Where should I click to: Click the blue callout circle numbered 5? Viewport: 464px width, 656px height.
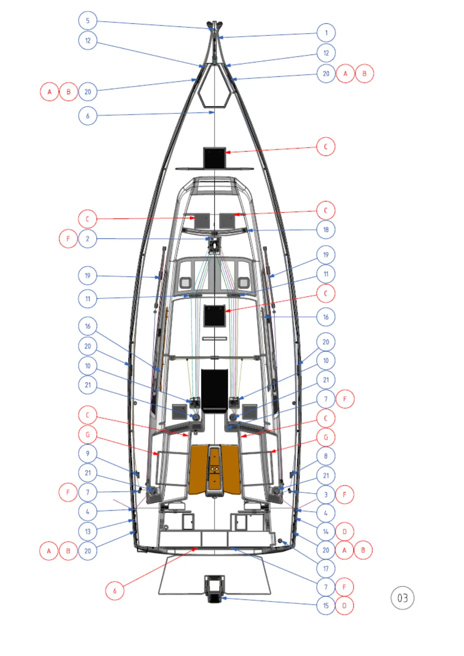pyautogui.click(x=88, y=21)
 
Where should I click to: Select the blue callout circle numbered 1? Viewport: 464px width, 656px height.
pyautogui.click(x=326, y=33)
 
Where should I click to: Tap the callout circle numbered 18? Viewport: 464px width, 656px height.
pyautogui.click(x=326, y=229)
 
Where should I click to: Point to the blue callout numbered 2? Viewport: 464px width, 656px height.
pyautogui.click(x=88, y=239)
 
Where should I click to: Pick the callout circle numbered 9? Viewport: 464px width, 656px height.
pyautogui.click(x=88, y=453)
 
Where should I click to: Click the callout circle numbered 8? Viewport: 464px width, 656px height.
pyautogui.click(x=326, y=456)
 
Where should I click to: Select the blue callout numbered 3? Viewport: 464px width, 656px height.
pyautogui.click(x=326, y=495)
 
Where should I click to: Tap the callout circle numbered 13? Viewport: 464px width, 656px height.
pyautogui.click(x=88, y=531)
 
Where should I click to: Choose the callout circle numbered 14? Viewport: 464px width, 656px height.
pyautogui.click(x=326, y=531)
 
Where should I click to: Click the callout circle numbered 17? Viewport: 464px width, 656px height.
pyautogui.click(x=326, y=569)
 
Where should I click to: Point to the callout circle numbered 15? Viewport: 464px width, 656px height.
pyautogui.click(x=326, y=606)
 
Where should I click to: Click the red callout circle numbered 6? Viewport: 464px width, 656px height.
pyautogui.click(x=115, y=591)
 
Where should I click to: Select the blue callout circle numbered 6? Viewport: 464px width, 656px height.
pyautogui.click(x=88, y=116)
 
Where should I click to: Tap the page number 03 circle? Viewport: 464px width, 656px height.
pyautogui.click(x=402, y=598)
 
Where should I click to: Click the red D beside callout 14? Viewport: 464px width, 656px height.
pyautogui.click(x=344, y=531)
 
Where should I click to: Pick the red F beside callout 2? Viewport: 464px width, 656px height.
pyautogui.click(x=69, y=239)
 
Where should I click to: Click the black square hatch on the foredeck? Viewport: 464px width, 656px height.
pyautogui.click(x=215, y=157)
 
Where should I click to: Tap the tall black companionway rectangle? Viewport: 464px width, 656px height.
pyautogui.click(x=214, y=390)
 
